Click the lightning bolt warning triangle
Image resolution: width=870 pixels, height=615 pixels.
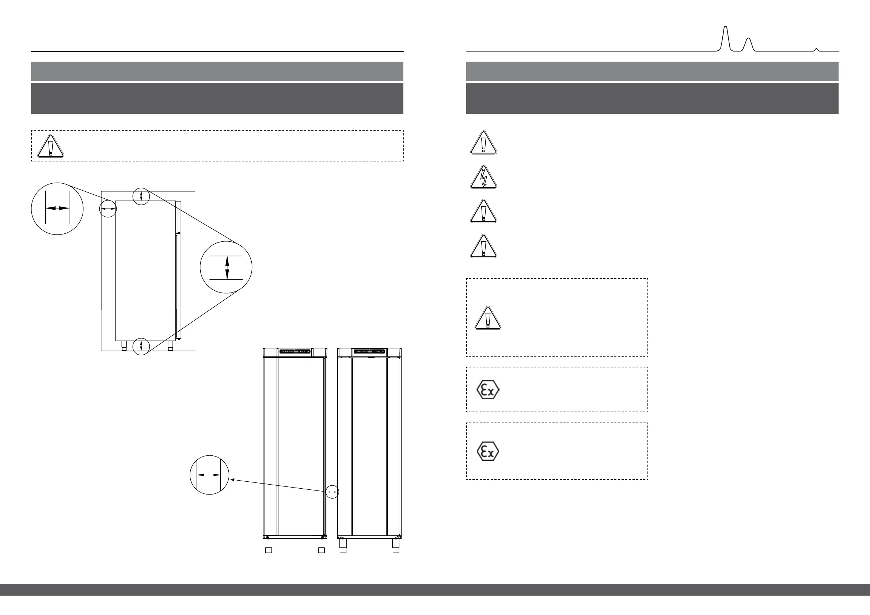click(x=483, y=177)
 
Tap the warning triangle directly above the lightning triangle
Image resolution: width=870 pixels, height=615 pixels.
click(x=483, y=143)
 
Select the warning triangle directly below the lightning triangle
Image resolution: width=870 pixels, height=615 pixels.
click(x=483, y=211)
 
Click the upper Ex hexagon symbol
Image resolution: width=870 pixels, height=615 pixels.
click(x=488, y=390)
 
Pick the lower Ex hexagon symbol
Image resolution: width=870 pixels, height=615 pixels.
click(x=488, y=451)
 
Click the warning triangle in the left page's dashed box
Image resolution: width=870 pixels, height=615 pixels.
click(x=50, y=146)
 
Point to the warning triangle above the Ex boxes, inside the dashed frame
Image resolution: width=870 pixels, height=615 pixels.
click(x=488, y=318)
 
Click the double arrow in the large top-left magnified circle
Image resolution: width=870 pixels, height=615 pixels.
click(x=57, y=208)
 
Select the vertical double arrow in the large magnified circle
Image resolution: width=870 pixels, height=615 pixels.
click(x=227, y=267)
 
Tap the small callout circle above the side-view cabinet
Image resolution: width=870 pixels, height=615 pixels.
click(x=141, y=196)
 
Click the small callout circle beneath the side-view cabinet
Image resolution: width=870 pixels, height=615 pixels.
click(x=141, y=346)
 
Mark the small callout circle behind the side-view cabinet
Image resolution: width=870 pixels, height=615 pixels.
click(x=108, y=209)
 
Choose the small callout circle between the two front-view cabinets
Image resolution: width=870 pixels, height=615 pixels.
click(x=332, y=492)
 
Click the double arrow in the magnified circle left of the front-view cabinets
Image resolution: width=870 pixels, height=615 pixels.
click(x=209, y=474)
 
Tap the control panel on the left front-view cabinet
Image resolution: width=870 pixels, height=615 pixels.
click(x=295, y=352)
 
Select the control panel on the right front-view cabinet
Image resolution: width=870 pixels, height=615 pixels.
click(x=369, y=352)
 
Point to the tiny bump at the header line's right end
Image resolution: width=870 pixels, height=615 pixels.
click(x=817, y=49)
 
